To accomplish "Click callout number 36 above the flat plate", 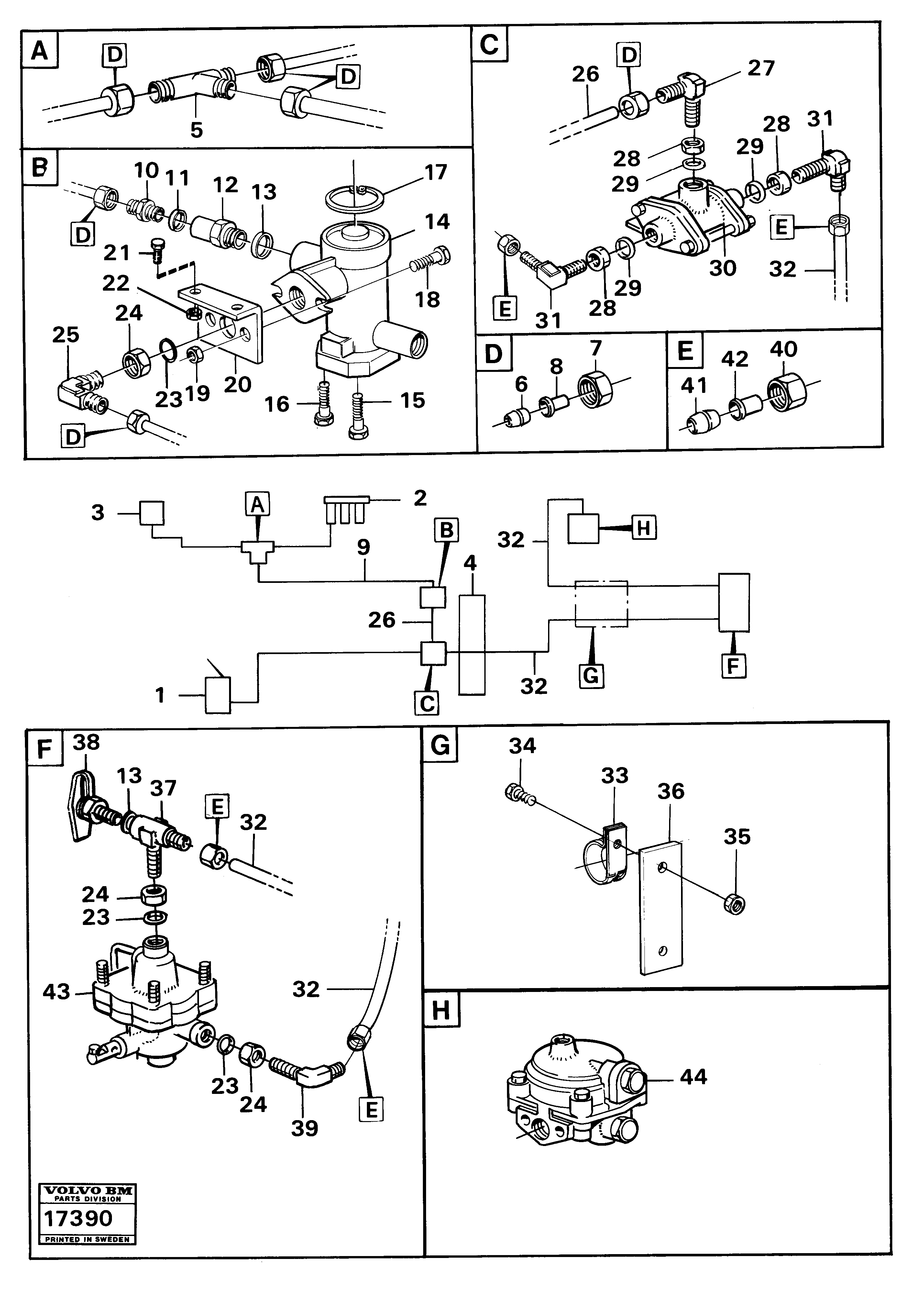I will (671, 791).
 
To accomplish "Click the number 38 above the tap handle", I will (86, 742).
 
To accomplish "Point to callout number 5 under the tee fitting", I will (196, 130).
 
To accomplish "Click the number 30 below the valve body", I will (722, 268).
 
